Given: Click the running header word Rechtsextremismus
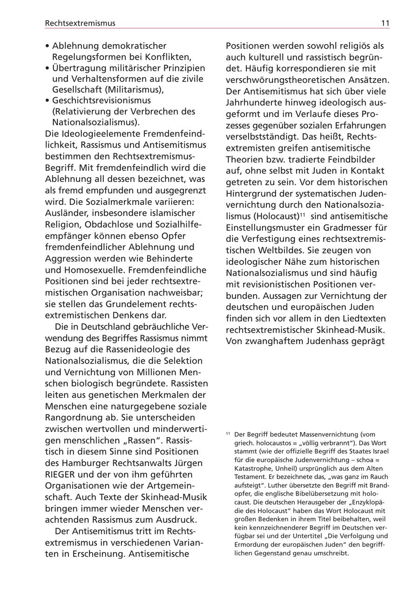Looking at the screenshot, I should point(80,23).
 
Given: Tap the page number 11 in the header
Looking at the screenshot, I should point(385,23).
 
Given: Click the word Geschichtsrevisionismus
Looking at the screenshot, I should point(101,101).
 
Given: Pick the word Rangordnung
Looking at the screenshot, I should point(73,418).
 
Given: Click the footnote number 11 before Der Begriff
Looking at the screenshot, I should point(229,434).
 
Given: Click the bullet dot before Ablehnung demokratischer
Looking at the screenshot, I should point(47,46).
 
